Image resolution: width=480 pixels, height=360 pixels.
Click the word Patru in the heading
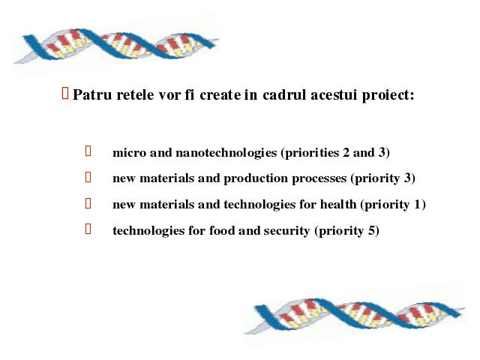click(x=92, y=94)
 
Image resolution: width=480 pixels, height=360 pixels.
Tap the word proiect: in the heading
click(x=388, y=95)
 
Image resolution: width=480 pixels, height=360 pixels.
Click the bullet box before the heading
click(x=65, y=93)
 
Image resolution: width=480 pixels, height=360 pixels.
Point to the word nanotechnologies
click(x=226, y=153)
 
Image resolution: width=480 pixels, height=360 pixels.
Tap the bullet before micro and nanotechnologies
click(x=88, y=151)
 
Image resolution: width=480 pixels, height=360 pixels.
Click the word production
click(x=256, y=178)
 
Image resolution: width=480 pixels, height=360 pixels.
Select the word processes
click(x=319, y=179)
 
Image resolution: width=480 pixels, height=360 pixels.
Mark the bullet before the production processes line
click(x=88, y=177)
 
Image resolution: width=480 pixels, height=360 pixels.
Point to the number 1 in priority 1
click(x=418, y=205)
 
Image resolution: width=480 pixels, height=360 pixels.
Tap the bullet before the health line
click(x=88, y=203)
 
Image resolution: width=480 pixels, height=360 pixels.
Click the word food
click(x=222, y=230)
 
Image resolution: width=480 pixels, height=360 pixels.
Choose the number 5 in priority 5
click(x=371, y=230)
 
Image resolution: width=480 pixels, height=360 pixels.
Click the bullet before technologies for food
click(x=88, y=229)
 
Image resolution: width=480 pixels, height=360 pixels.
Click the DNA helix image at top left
click(x=116, y=45)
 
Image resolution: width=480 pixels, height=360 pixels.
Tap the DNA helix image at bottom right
click(x=355, y=315)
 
